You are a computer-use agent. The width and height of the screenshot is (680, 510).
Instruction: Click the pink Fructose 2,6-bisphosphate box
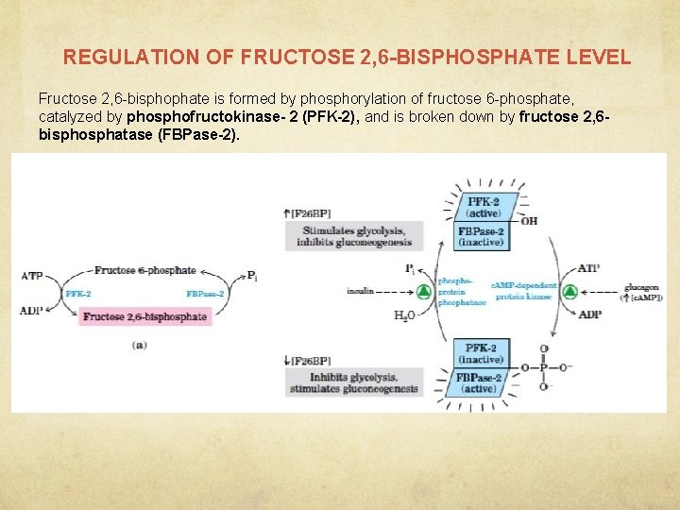pyautogui.click(x=144, y=316)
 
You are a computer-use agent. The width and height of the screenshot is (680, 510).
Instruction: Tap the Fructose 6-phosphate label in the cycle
pyautogui.click(x=144, y=271)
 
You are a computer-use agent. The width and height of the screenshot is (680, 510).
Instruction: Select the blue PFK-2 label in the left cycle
pyautogui.click(x=78, y=294)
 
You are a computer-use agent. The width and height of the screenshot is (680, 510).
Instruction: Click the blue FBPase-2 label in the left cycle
pyautogui.click(x=206, y=294)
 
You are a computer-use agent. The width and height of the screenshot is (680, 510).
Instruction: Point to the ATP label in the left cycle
pyautogui.click(x=31, y=276)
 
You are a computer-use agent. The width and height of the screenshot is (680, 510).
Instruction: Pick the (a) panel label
pyautogui.click(x=139, y=346)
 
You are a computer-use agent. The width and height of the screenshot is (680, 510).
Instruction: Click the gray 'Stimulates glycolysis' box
pyautogui.click(x=353, y=235)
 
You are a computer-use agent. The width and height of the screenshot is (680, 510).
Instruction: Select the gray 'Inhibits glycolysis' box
pyautogui.click(x=353, y=382)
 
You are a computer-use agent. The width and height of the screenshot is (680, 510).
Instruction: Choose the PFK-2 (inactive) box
pyautogui.click(x=482, y=353)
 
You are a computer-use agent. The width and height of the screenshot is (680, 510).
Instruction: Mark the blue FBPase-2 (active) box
pyautogui.click(x=482, y=382)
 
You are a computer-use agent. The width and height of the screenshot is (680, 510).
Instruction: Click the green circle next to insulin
pyautogui.click(x=424, y=292)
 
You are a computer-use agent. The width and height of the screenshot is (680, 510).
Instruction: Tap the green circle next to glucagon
pyautogui.click(x=569, y=292)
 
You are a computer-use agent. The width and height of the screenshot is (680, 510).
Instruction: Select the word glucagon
pyautogui.click(x=642, y=286)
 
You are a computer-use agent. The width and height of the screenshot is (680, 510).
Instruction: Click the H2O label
pyautogui.click(x=403, y=315)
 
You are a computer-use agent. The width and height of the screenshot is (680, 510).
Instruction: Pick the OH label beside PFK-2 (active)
pyautogui.click(x=529, y=221)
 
